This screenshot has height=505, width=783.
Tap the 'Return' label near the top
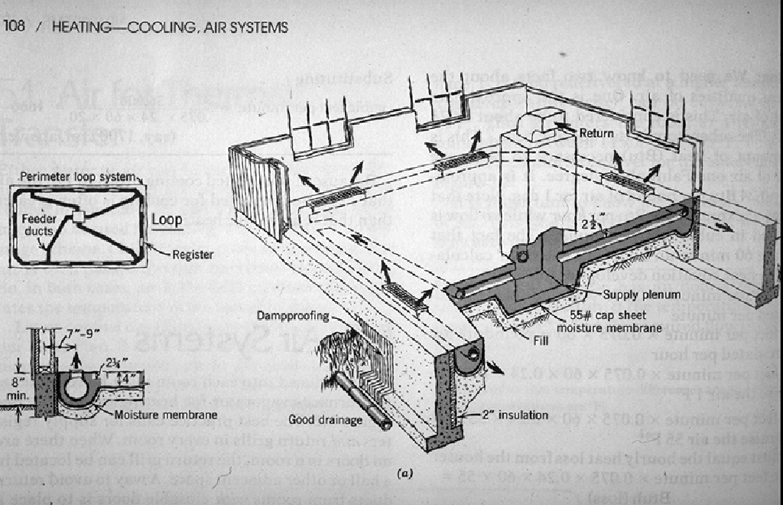(597, 134)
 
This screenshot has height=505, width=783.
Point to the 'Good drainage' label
(322, 419)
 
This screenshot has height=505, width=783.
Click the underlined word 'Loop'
(166, 220)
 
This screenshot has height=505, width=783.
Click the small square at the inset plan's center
(78, 219)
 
